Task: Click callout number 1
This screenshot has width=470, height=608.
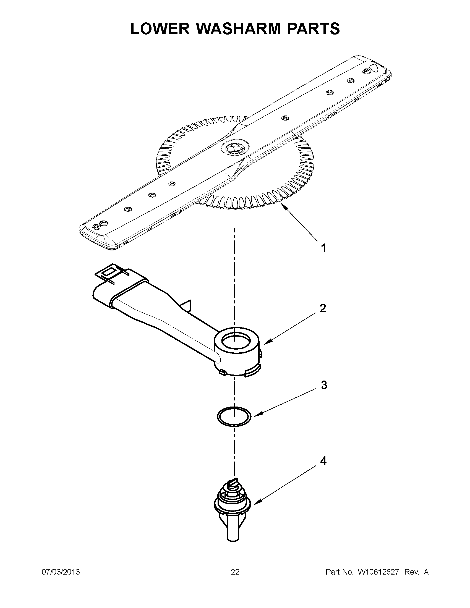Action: click(323, 248)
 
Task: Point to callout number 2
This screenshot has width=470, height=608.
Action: click(323, 308)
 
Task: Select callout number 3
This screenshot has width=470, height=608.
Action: click(324, 385)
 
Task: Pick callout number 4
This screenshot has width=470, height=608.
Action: click(323, 461)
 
